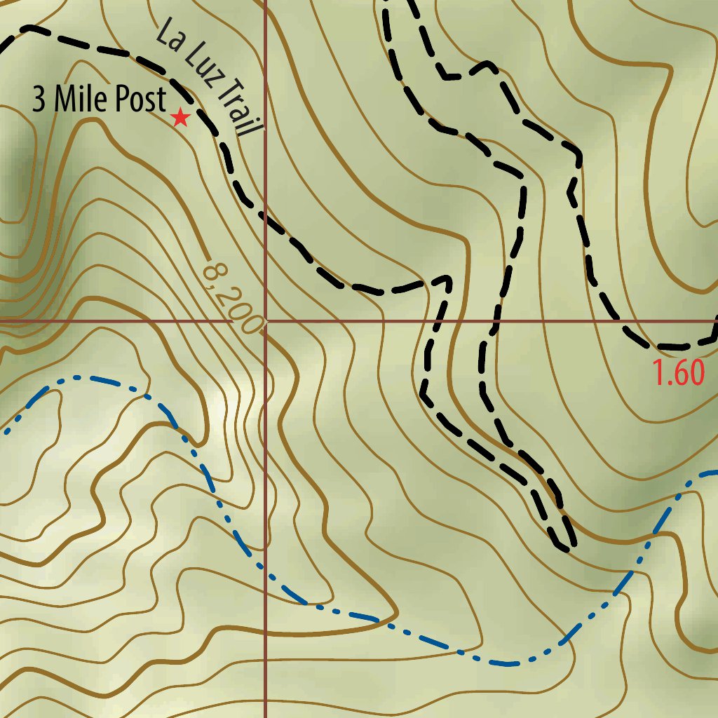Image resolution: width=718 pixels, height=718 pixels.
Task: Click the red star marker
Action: click(181, 117)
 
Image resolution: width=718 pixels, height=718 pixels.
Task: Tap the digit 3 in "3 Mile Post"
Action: click(39, 100)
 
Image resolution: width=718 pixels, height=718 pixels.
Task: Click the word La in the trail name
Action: click(168, 35)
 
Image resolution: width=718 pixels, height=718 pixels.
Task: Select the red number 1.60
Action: click(678, 372)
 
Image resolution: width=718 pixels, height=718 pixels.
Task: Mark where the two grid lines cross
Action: click(265, 320)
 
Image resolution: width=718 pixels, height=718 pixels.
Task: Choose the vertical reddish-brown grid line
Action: click(265, 456)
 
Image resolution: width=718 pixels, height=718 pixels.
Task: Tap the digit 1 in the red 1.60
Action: click(659, 372)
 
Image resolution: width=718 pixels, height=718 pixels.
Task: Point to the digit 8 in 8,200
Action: click(211, 269)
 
